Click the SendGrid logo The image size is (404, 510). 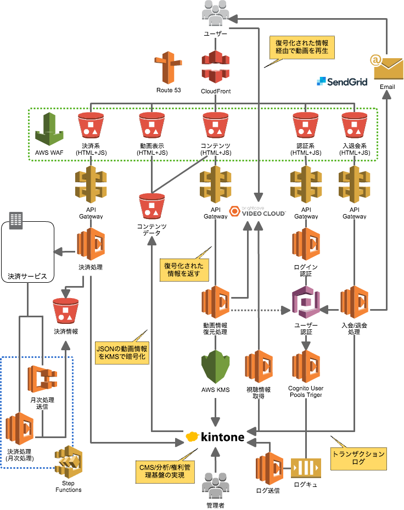[341, 82]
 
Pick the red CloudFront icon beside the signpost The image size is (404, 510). [215, 66]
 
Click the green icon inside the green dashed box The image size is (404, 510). [49, 130]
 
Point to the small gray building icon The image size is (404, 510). [16, 220]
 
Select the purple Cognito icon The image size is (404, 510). [306, 302]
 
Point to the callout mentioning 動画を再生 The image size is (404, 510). [302, 48]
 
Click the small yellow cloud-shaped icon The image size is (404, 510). [192, 436]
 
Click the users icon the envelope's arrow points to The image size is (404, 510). [215, 13]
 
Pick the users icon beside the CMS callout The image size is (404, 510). [215, 485]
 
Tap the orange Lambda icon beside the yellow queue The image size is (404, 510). [270, 468]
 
